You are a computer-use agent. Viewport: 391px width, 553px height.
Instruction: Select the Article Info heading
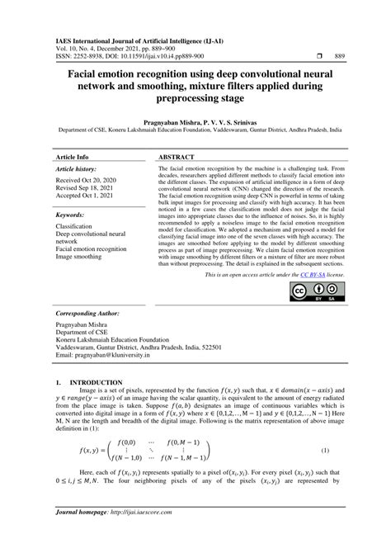(x=73, y=156)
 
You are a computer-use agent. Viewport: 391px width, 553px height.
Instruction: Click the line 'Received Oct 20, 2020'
(x=88, y=178)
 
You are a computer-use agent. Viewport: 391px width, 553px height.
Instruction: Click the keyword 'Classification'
(x=73, y=225)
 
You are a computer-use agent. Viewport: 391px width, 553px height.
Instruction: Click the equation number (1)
(x=325, y=451)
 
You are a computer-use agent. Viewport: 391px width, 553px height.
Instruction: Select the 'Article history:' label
(x=77, y=168)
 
